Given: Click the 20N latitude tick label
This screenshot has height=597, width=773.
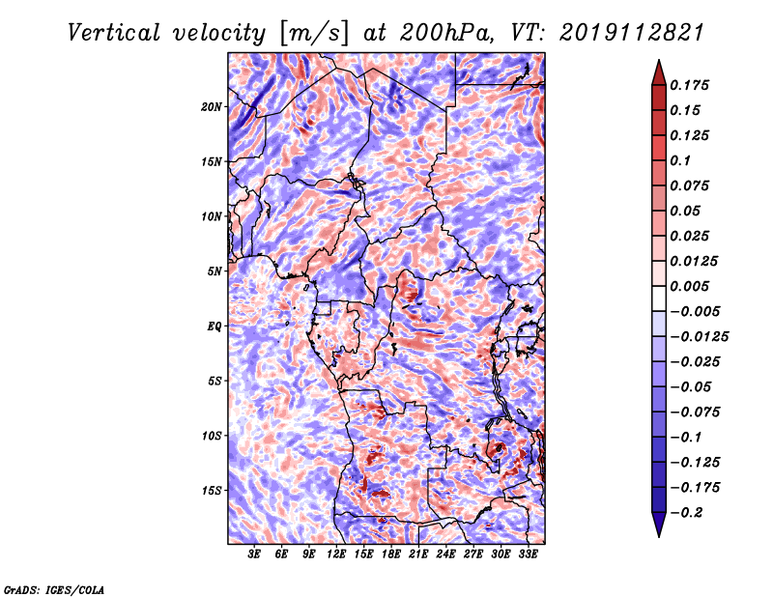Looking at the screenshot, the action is (x=211, y=107).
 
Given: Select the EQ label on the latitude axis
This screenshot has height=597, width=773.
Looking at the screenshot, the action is (x=214, y=327).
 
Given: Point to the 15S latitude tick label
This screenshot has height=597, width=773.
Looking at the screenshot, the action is (x=212, y=491).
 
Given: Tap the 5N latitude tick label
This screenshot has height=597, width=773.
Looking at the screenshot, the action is (x=214, y=271).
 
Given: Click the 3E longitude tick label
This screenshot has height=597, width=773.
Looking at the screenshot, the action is (x=254, y=554).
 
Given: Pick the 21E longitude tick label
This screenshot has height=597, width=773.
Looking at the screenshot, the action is (x=418, y=554).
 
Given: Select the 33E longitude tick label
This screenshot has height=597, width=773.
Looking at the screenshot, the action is (x=528, y=554).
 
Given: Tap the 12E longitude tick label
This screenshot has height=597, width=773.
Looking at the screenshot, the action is (x=335, y=554).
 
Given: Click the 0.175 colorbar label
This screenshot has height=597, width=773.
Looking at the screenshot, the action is (x=689, y=85).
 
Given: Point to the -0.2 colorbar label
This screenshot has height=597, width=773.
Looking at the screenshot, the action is (x=686, y=513).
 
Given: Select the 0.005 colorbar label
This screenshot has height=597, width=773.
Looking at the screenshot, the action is (x=689, y=286).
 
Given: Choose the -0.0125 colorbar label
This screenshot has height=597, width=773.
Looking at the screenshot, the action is (x=699, y=337).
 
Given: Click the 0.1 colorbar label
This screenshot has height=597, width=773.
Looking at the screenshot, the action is (x=680, y=160).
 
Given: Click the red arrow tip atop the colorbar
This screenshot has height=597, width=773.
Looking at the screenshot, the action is (x=659, y=61).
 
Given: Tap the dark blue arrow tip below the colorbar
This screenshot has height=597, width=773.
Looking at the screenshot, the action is (x=659, y=536).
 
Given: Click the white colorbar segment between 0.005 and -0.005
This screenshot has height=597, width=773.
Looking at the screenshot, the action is (x=659, y=298).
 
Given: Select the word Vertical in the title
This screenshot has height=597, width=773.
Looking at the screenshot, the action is (x=114, y=33).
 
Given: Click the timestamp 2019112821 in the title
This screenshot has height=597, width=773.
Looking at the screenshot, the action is (x=632, y=33).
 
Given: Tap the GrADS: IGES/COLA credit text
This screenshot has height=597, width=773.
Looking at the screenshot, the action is (x=54, y=590).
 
